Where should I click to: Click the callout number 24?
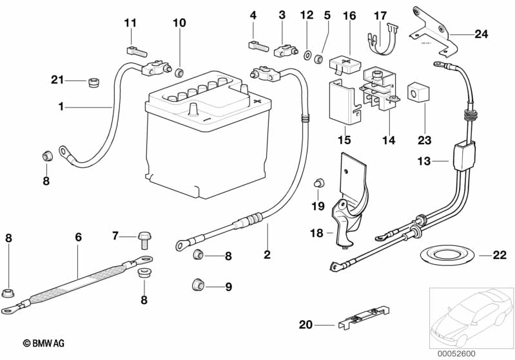(481, 33)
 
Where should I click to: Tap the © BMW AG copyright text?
(44, 343)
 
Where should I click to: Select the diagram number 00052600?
(456, 354)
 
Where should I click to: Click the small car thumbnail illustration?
(472, 317)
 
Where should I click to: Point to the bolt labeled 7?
(144, 241)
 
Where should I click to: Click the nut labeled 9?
(198, 285)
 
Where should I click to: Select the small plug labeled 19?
(318, 183)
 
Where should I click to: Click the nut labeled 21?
(94, 82)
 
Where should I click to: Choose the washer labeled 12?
(307, 55)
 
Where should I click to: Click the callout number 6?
(78, 237)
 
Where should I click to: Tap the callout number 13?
(423, 161)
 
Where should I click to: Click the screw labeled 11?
(137, 52)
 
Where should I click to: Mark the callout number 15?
(344, 140)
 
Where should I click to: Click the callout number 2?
(267, 254)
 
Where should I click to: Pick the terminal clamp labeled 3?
(286, 51)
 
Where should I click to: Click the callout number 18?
(316, 233)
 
